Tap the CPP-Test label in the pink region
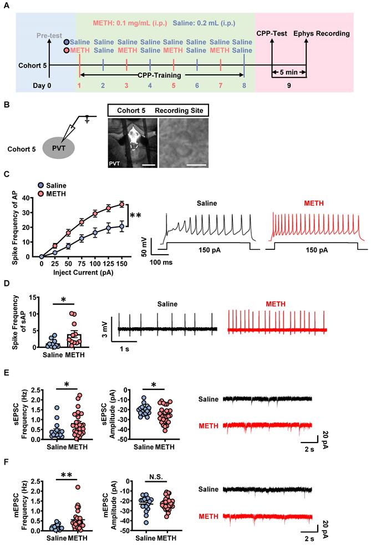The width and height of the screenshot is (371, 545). (272, 34)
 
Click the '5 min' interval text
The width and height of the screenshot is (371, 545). (288, 73)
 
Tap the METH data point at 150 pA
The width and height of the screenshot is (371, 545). (122, 204)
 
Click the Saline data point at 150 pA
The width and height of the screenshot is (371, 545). (122, 226)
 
